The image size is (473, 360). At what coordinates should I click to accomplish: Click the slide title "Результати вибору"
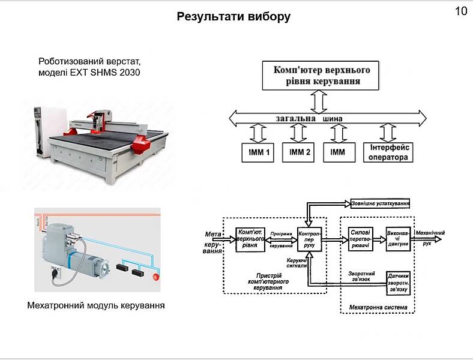click(x=233, y=17)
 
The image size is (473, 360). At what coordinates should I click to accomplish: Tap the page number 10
click(x=461, y=11)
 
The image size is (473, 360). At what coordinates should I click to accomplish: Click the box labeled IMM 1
click(x=257, y=152)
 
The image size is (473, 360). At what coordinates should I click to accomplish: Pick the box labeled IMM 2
click(x=300, y=152)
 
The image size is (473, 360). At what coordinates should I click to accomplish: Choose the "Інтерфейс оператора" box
click(x=389, y=152)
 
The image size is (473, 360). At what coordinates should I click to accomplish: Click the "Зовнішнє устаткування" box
click(x=381, y=203)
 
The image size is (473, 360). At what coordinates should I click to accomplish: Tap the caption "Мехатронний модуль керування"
click(x=96, y=305)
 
